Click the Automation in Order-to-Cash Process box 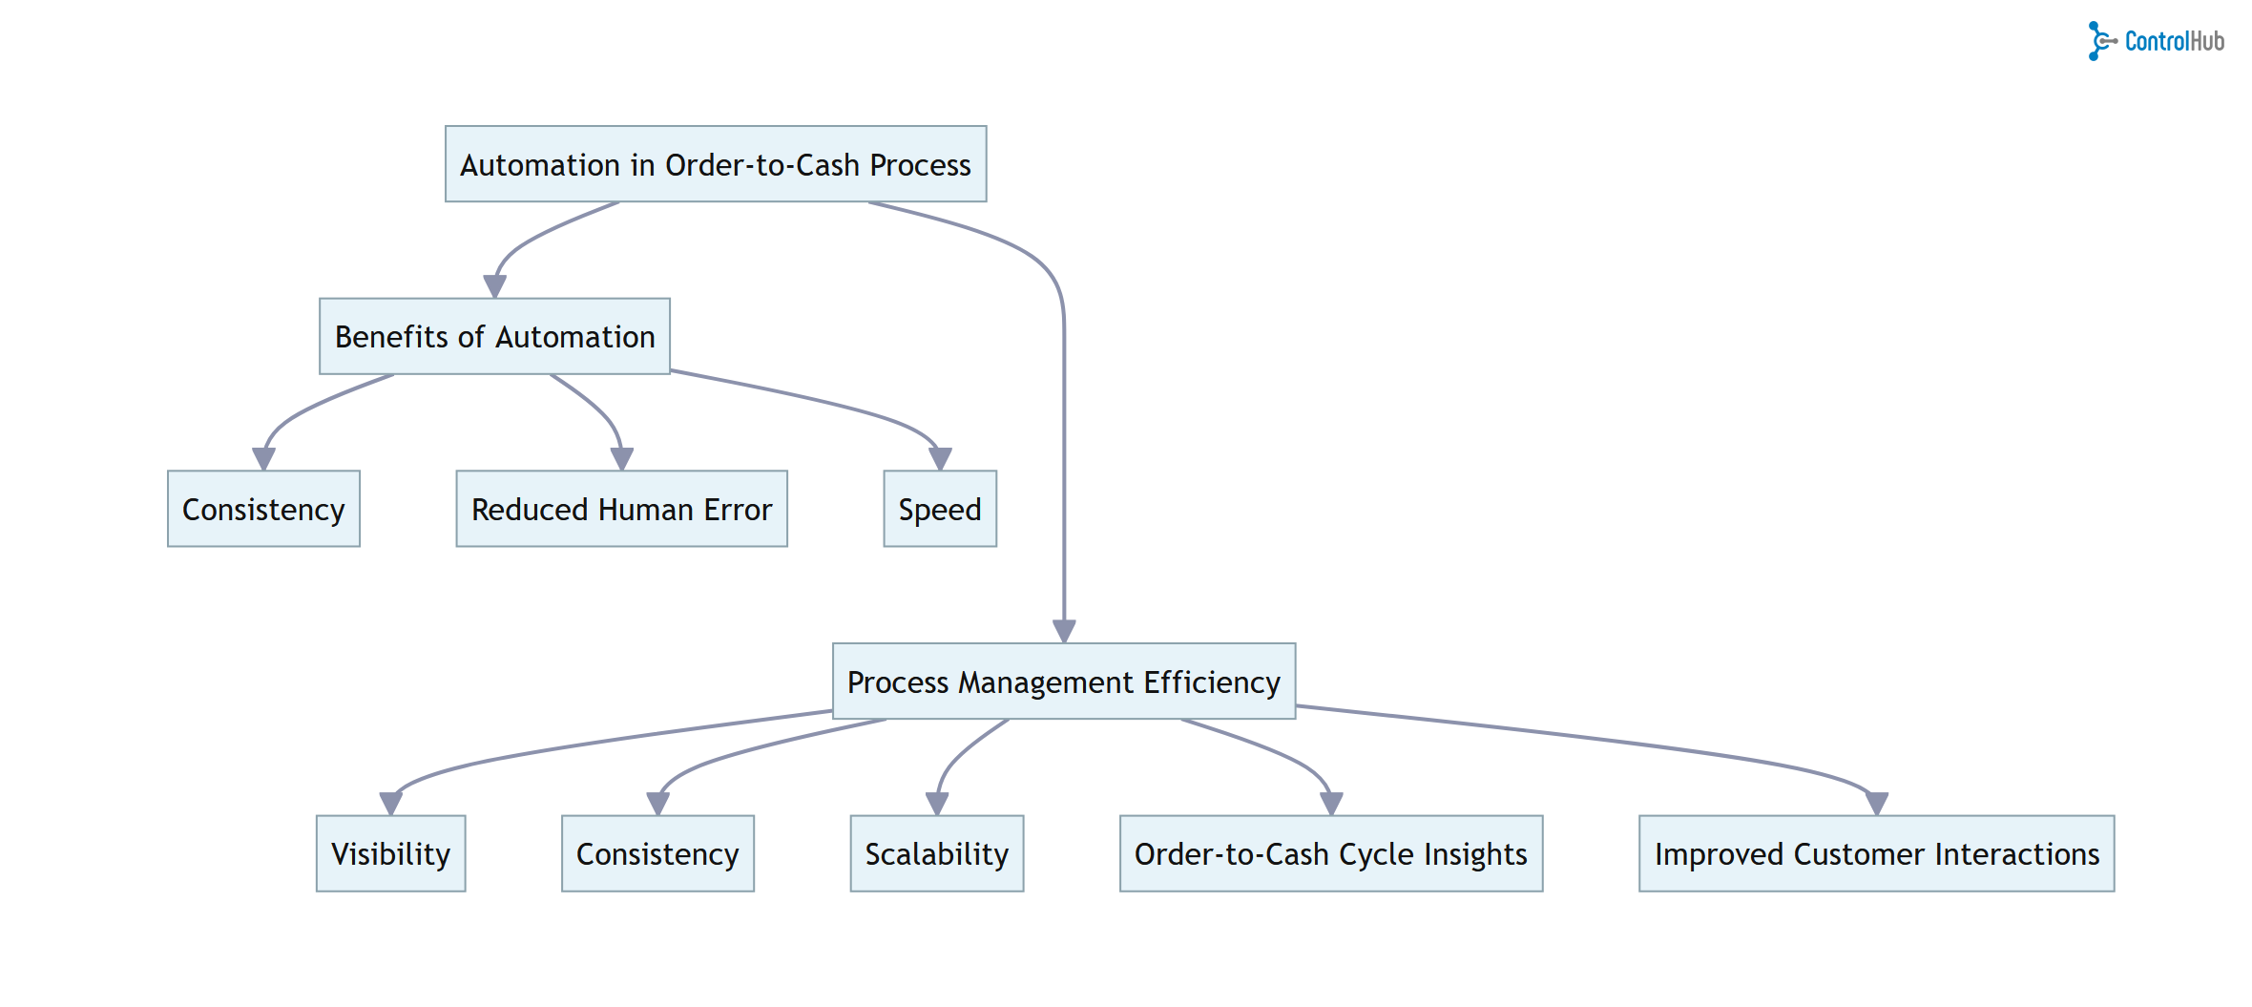coord(716,164)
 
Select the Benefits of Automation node coord(494,336)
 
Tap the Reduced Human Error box coord(621,509)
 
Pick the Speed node coord(940,509)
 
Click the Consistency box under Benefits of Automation coord(263,509)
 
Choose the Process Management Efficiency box coord(1064,682)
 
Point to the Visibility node coord(390,853)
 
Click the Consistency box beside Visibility coord(657,853)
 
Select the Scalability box coord(936,853)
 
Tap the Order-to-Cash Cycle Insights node coord(1330,853)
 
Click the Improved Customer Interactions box coord(1876,853)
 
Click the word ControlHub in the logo coord(2174,41)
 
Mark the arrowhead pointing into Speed coord(940,459)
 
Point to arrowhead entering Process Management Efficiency coord(1064,631)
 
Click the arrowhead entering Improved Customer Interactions coord(1877,804)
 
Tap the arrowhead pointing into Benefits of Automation coord(494,286)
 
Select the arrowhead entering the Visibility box coord(390,804)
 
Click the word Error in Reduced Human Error coord(738,509)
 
